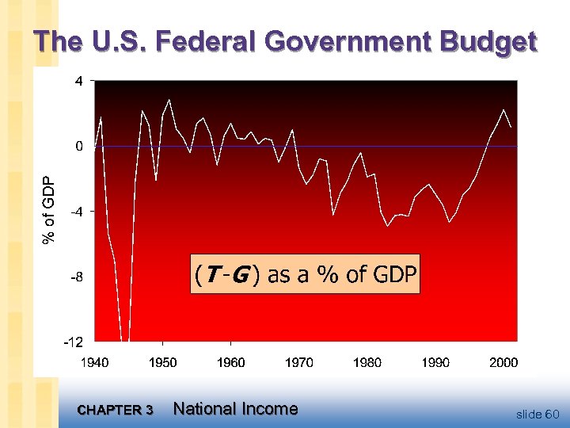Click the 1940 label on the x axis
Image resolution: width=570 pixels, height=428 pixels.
coord(95,362)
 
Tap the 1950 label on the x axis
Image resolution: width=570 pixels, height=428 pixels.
coord(163,362)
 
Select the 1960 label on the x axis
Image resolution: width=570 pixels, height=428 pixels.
coord(231,362)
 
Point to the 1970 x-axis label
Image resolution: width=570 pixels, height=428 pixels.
coord(299,362)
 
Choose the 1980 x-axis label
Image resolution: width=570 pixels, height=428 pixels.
coord(367,362)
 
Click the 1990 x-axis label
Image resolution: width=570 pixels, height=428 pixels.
coord(435,362)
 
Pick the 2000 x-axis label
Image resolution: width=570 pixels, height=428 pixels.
coord(503,362)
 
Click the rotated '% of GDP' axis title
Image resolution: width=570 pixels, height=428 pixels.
coord(49,209)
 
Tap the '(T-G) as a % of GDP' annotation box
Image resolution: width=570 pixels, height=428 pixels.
coord(306,274)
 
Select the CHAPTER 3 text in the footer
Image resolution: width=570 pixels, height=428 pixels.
coord(116,411)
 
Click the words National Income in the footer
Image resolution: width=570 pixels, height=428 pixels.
coord(235,409)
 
